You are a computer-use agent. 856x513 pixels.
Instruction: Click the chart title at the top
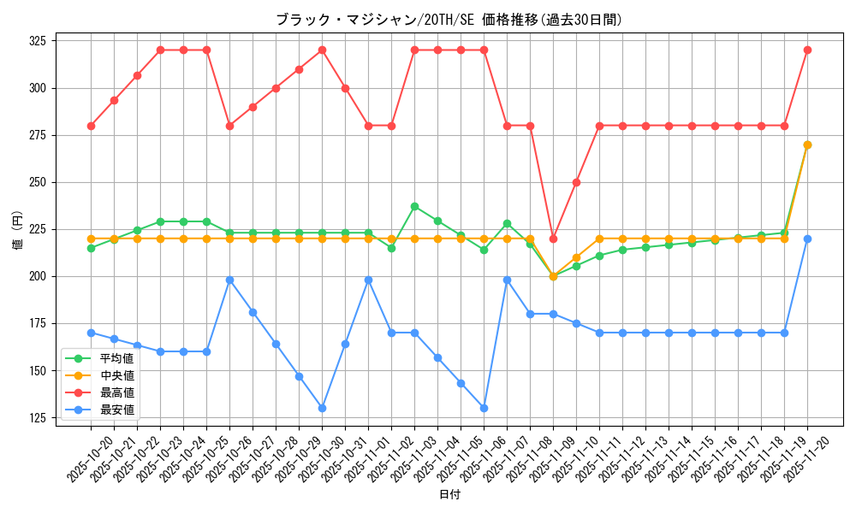click(449, 20)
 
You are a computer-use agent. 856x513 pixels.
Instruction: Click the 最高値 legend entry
click(117, 392)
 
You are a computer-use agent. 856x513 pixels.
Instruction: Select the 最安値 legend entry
click(117, 410)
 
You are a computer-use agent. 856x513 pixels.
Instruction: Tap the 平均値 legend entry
click(117, 358)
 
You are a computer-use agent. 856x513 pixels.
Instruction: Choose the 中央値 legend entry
click(117, 375)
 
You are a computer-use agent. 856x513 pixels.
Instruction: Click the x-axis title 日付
click(449, 495)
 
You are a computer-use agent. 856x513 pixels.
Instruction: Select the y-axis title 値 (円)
click(17, 231)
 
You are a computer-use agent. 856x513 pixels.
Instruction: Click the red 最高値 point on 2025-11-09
click(553, 239)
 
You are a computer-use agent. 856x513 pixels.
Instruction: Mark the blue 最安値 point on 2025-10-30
click(322, 408)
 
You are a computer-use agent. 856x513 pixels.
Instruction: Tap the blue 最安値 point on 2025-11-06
click(484, 408)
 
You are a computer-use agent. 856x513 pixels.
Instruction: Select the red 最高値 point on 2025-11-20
click(807, 50)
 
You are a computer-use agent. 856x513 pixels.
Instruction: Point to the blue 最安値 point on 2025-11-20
click(807, 239)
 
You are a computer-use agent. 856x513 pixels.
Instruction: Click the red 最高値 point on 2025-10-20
click(91, 126)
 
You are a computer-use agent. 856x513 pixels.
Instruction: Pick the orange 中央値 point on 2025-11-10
click(576, 257)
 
